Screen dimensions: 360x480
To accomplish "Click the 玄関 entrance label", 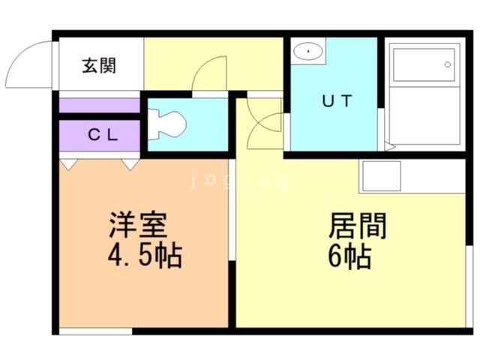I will [x=99, y=67].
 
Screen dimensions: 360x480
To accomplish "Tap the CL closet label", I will [x=100, y=136].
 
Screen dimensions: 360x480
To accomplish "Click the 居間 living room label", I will [x=357, y=224].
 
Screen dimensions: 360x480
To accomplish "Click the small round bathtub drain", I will [x=447, y=66].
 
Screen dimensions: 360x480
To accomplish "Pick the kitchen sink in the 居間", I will [x=381, y=176].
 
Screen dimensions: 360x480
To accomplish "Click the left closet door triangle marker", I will [x=67, y=163].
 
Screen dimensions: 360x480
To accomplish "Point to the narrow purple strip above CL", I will [x=100, y=105].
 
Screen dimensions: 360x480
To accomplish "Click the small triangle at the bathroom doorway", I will [x=388, y=145].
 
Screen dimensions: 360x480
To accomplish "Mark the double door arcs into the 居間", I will [x=262, y=124].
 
